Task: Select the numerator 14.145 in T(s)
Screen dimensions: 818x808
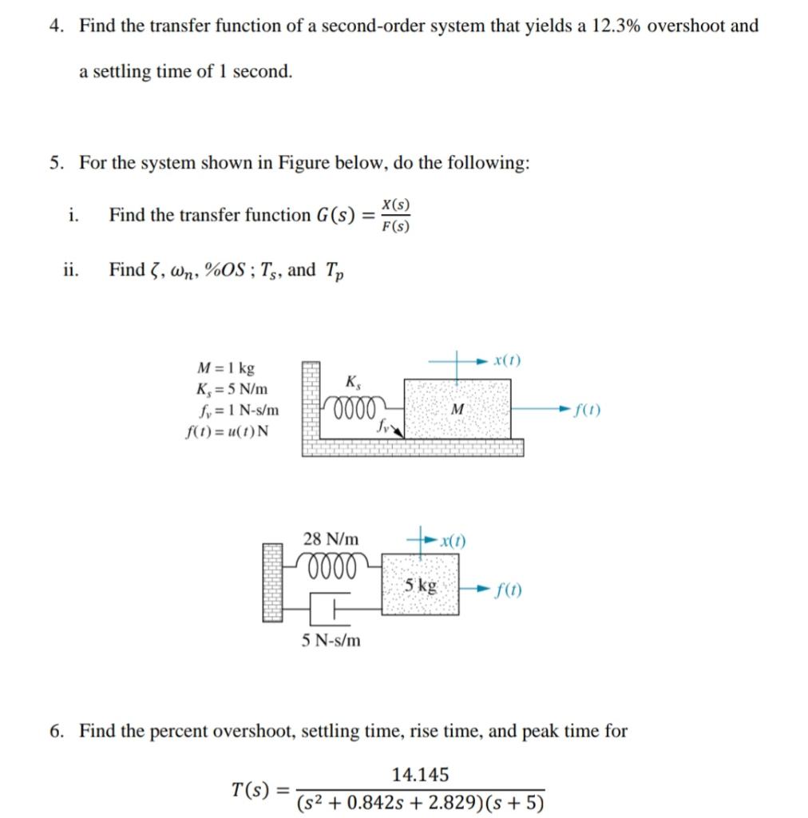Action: (x=420, y=774)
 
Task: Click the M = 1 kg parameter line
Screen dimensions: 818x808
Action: (x=226, y=368)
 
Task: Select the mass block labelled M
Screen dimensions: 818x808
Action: (x=457, y=408)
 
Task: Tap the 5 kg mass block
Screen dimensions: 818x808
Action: (x=421, y=585)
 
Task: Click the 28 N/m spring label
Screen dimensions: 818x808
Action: (x=331, y=539)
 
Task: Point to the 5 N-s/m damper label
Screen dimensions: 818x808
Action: (x=331, y=640)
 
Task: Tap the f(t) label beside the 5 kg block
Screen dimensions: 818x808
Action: (x=509, y=590)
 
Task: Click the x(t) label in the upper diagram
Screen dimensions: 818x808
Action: (x=507, y=361)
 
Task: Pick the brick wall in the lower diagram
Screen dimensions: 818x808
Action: (x=273, y=582)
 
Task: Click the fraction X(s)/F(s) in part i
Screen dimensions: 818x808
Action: (x=395, y=215)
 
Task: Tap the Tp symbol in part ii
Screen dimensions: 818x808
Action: (x=335, y=272)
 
